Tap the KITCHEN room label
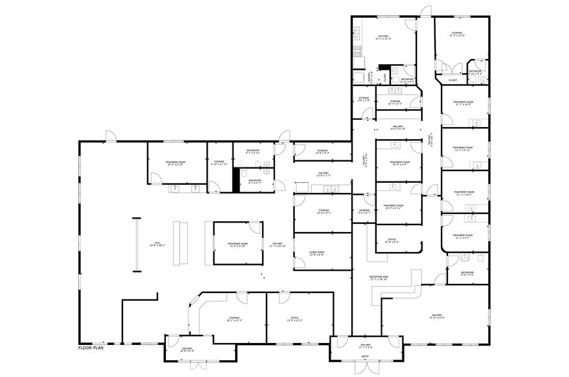point(383,37)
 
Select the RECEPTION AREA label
point(379,278)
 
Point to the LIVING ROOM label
point(317,253)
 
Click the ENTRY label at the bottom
point(365,357)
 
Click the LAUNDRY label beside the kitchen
point(369,77)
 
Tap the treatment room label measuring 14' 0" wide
point(175,163)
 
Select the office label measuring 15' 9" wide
point(295,319)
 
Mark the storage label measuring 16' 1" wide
point(234,319)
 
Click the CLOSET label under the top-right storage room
point(452,80)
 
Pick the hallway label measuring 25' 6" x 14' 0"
point(436,317)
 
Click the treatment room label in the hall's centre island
point(237,246)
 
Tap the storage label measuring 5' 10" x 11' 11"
point(219,163)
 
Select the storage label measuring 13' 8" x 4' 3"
point(322,153)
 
